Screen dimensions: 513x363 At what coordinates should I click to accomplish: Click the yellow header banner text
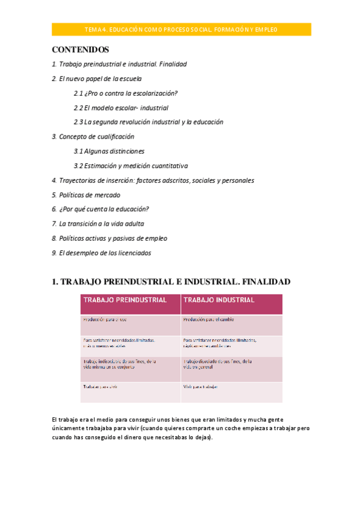coord(181,29)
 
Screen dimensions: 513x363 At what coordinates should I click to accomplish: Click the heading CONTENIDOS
coord(80,49)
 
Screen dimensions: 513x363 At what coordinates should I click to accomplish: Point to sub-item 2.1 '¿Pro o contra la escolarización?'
coord(125,93)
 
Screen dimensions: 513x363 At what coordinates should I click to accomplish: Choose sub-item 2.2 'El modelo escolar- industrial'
coord(121,108)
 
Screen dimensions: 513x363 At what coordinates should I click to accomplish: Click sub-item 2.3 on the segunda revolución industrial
coord(148,122)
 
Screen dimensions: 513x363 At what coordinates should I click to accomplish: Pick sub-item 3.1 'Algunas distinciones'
coord(109,151)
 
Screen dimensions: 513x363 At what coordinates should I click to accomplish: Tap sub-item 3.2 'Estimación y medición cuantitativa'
coord(131,166)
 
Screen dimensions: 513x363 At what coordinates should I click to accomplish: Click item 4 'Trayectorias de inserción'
coord(153,180)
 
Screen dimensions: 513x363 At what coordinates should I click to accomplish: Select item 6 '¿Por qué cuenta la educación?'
coord(101,209)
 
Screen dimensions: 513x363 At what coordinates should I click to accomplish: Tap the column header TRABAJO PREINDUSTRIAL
coord(125,300)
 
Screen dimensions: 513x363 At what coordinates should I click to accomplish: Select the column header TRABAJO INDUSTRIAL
coord(219,300)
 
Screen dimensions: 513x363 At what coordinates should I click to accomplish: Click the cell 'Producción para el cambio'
coord(208,319)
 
